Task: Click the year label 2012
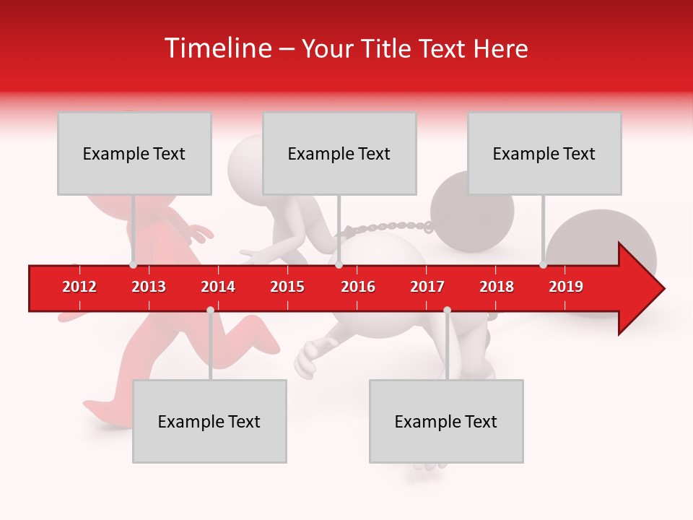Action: (x=79, y=287)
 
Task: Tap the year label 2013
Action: (x=149, y=287)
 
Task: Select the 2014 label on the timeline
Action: (x=218, y=287)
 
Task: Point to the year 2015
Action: (x=287, y=287)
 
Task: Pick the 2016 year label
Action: (x=358, y=287)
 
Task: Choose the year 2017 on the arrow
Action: (x=427, y=287)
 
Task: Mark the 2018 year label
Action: (x=497, y=287)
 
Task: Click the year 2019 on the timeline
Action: (x=566, y=287)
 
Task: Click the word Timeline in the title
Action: (x=217, y=48)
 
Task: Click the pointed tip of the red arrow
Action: (x=663, y=288)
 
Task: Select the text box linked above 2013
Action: (x=134, y=153)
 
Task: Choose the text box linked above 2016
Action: (x=339, y=153)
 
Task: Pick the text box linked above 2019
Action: (x=544, y=153)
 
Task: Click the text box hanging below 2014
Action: (x=209, y=421)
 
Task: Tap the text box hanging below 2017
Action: (x=446, y=421)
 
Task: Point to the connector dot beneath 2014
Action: (x=210, y=310)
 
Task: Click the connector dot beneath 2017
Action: (x=447, y=310)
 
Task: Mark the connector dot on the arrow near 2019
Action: (x=543, y=264)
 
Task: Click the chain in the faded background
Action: (x=390, y=227)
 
